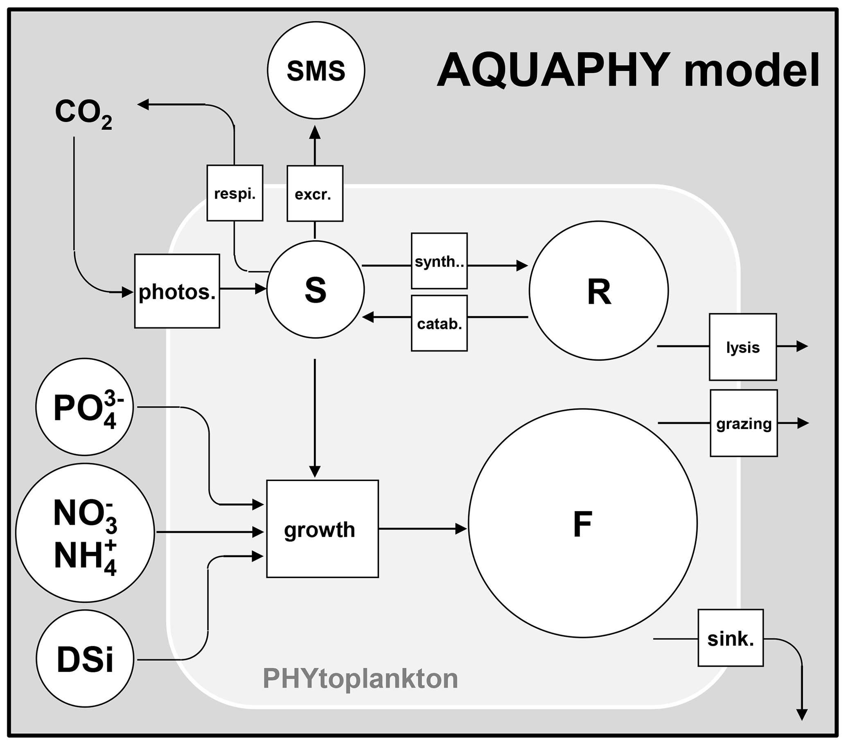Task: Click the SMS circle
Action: (316, 70)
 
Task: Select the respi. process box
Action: (235, 193)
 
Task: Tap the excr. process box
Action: (315, 193)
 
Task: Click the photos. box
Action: (177, 291)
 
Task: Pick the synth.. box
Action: (439, 261)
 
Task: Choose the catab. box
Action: (439, 323)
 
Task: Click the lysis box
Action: (742, 347)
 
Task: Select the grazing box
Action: (744, 423)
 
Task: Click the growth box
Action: (323, 528)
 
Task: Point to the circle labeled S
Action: (316, 290)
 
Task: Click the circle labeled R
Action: (598, 291)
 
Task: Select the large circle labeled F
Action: (582, 524)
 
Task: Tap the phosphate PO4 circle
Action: (84, 407)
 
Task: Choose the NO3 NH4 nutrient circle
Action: (85, 532)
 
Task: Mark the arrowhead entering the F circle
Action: (461, 528)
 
